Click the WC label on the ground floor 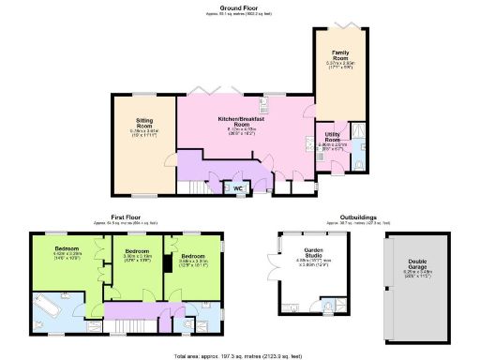[238, 187]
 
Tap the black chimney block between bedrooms [165, 265]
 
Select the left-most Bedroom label [54, 249]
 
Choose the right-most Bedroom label [193, 256]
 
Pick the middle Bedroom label [138, 252]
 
